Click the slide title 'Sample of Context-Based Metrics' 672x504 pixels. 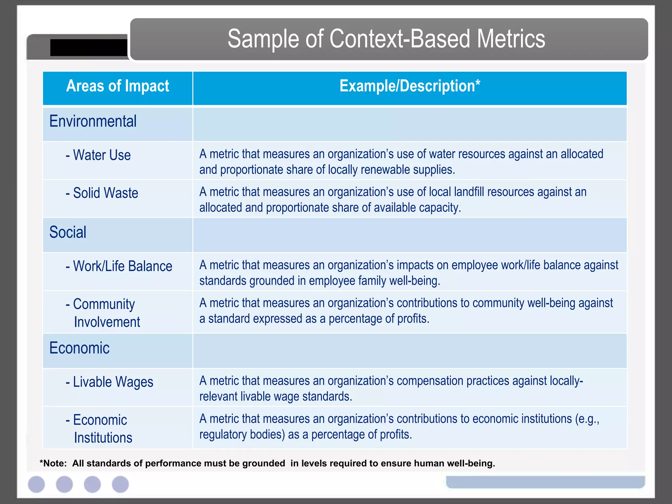(386, 39)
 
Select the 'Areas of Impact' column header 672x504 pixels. (117, 86)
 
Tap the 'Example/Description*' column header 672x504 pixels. (409, 86)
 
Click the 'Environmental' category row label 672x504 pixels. (93, 121)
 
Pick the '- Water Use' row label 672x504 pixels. (98, 155)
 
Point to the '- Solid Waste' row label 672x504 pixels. (102, 193)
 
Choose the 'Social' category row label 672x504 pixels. (68, 232)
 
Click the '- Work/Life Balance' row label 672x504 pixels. (119, 266)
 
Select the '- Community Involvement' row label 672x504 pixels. (103, 313)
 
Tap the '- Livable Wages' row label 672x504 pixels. (110, 382)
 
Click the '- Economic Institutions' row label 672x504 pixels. (99, 429)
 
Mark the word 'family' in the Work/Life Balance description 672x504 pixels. (372, 281)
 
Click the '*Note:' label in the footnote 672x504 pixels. (53, 463)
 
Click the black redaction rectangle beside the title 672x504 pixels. (89, 48)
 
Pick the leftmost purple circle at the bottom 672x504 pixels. (36, 484)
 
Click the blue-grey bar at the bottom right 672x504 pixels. (545, 482)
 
